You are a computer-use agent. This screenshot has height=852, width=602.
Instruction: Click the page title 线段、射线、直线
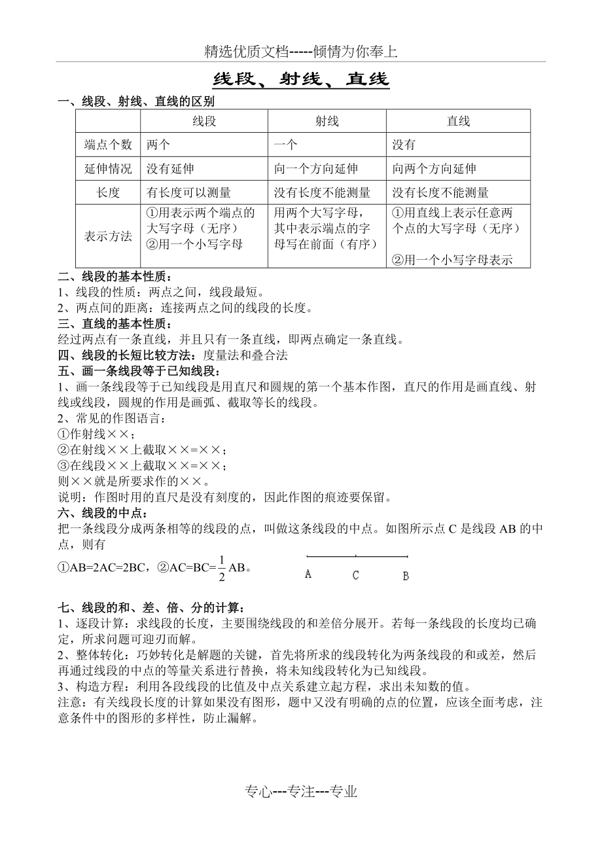point(301,80)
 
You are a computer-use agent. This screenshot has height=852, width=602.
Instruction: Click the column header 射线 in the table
point(327,121)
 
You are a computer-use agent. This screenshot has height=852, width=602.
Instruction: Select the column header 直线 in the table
point(458,121)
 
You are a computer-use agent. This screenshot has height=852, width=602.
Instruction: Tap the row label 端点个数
point(108,145)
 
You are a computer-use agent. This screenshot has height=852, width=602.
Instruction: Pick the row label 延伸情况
point(108,169)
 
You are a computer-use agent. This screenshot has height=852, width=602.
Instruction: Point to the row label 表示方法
point(108,236)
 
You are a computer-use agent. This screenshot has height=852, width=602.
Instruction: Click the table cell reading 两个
point(158,145)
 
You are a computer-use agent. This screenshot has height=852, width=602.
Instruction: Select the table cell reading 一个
point(285,145)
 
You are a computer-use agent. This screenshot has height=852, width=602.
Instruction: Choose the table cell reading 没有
point(404,145)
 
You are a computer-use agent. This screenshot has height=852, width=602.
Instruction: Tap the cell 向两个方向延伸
point(434,169)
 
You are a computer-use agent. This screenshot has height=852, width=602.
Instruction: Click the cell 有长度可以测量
point(188,192)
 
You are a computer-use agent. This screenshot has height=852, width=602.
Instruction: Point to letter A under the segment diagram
point(308,575)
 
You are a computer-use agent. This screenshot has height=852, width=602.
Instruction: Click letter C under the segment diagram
point(355,575)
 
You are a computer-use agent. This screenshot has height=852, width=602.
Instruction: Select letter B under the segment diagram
point(406,575)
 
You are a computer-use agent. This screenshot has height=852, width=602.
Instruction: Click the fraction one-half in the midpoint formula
point(222,567)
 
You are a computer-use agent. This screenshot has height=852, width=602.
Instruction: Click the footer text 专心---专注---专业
point(302,792)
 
